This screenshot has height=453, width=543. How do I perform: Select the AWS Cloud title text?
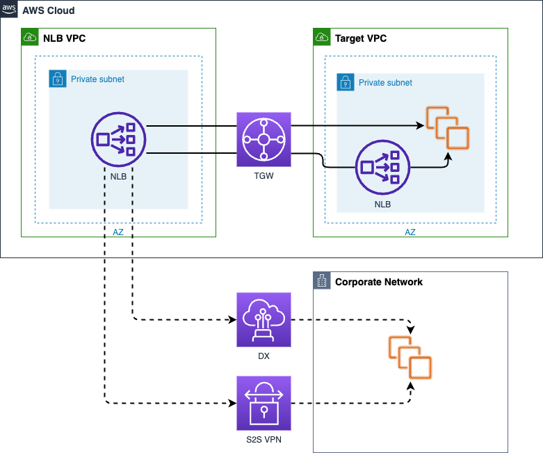(x=49, y=11)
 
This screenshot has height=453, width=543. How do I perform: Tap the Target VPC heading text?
(x=361, y=38)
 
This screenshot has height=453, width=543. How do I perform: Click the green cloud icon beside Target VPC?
(x=322, y=37)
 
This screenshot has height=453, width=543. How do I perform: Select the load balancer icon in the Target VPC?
(x=382, y=168)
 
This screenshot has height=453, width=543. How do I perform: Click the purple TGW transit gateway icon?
(x=264, y=139)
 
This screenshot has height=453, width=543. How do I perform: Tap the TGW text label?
(x=264, y=177)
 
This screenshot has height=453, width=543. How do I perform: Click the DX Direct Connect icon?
(x=264, y=319)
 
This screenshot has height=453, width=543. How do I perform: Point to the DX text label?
(x=264, y=356)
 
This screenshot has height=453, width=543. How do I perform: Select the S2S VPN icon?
(x=264, y=403)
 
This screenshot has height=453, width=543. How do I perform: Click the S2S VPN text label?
(x=264, y=440)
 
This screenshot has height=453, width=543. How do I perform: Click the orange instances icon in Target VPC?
(x=448, y=127)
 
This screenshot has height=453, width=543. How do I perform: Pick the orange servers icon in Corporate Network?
(x=410, y=356)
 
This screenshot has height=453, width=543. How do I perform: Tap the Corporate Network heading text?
(x=379, y=282)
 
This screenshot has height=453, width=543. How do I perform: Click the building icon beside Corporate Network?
(x=322, y=281)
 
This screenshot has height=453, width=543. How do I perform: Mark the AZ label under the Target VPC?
(x=410, y=232)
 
